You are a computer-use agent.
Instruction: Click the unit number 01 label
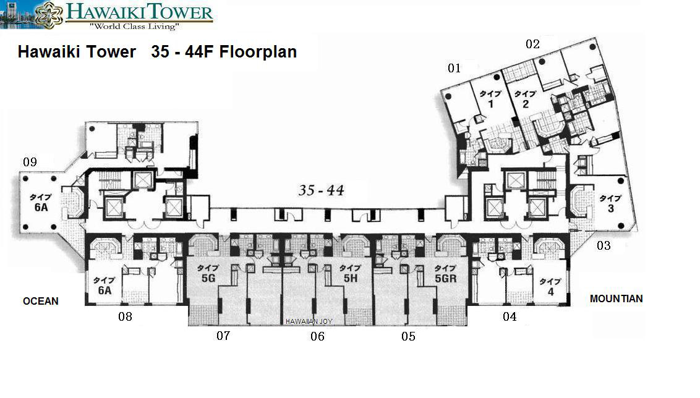(x=454, y=68)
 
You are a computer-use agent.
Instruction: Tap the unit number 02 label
(x=532, y=44)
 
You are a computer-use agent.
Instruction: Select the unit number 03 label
(x=604, y=245)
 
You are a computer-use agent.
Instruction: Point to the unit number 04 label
(x=510, y=316)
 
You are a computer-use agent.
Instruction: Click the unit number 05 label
(x=408, y=336)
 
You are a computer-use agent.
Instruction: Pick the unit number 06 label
(x=317, y=336)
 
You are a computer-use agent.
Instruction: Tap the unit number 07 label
(x=223, y=335)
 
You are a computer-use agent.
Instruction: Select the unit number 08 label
(x=125, y=316)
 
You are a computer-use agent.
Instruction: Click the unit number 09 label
(x=30, y=161)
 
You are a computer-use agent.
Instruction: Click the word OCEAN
(x=41, y=301)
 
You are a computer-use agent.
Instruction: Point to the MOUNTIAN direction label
(x=616, y=298)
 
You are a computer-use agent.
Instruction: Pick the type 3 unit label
(x=610, y=203)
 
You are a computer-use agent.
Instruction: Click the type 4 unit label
(x=550, y=287)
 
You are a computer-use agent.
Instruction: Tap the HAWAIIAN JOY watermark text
(x=309, y=321)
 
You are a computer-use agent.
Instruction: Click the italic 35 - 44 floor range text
(x=321, y=190)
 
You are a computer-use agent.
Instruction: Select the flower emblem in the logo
(x=49, y=15)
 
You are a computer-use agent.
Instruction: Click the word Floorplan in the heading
(x=258, y=52)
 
